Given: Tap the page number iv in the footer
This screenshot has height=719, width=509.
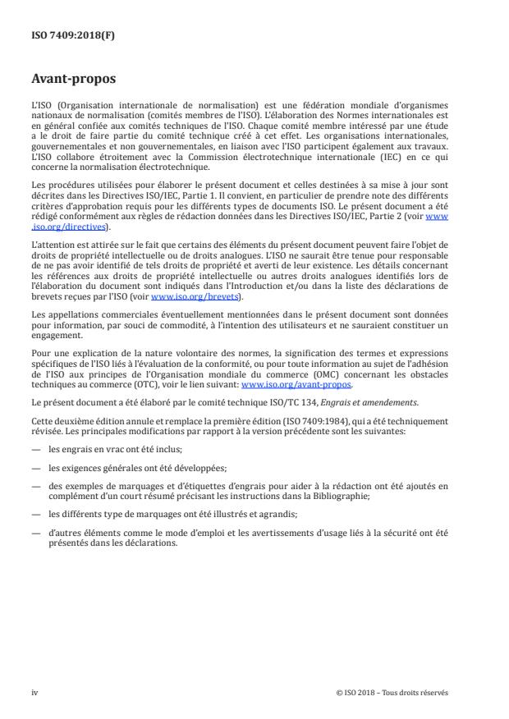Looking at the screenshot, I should [34, 693].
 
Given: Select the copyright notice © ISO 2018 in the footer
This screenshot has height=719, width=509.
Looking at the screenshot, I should [392, 693].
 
